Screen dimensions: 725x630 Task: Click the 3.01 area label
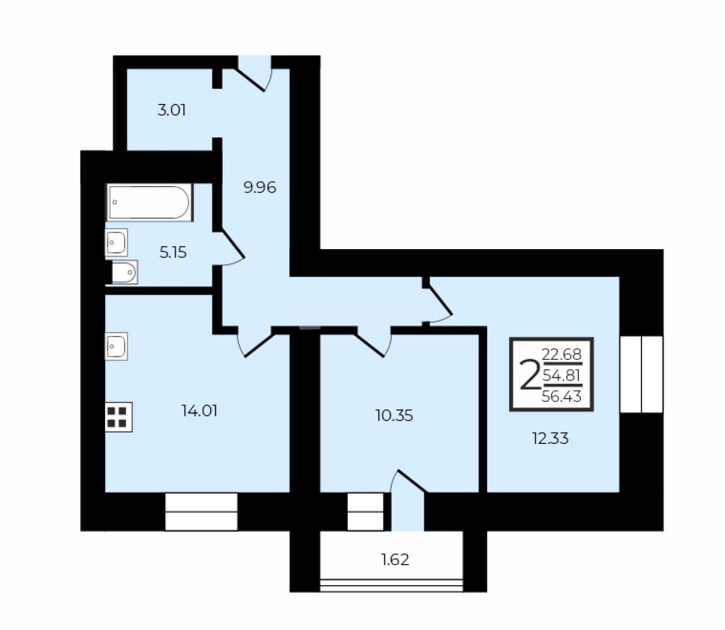pos(172,110)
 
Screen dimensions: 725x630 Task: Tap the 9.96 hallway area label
pos(260,187)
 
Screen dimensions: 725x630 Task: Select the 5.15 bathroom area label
pos(173,253)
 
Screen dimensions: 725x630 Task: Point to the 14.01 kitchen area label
pos(199,411)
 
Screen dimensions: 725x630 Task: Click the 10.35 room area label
pos(394,415)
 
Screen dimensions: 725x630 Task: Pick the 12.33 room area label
pos(550,439)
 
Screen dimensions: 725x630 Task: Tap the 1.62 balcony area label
pos(395,559)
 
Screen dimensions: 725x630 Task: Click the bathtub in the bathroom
pos(150,202)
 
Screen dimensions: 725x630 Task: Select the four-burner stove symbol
pos(118,417)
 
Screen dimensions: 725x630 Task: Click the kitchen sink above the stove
pos(116,346)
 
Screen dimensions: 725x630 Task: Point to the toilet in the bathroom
pos(124,272)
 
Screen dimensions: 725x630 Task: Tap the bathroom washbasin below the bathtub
pos(116,243)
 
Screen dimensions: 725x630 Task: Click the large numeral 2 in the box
pos(529,374)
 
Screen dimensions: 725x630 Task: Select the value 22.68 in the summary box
pos(562,354)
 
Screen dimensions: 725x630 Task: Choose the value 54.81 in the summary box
pos(562,375)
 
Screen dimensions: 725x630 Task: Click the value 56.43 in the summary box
pos(562,396)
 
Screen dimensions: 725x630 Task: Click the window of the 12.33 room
pos(642,374)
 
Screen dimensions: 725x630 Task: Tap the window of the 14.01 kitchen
pos(201,512)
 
